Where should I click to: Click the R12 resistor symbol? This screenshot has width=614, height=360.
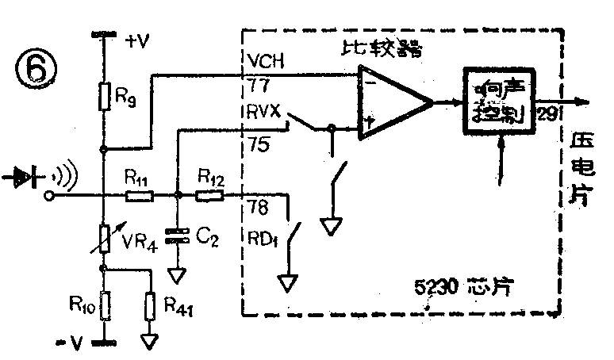pos(210,194)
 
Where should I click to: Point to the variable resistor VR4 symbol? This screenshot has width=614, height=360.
pos(104,236)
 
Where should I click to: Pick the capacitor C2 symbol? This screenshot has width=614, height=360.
pos(178,236)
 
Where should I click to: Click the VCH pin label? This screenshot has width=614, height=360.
pos(263,60)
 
